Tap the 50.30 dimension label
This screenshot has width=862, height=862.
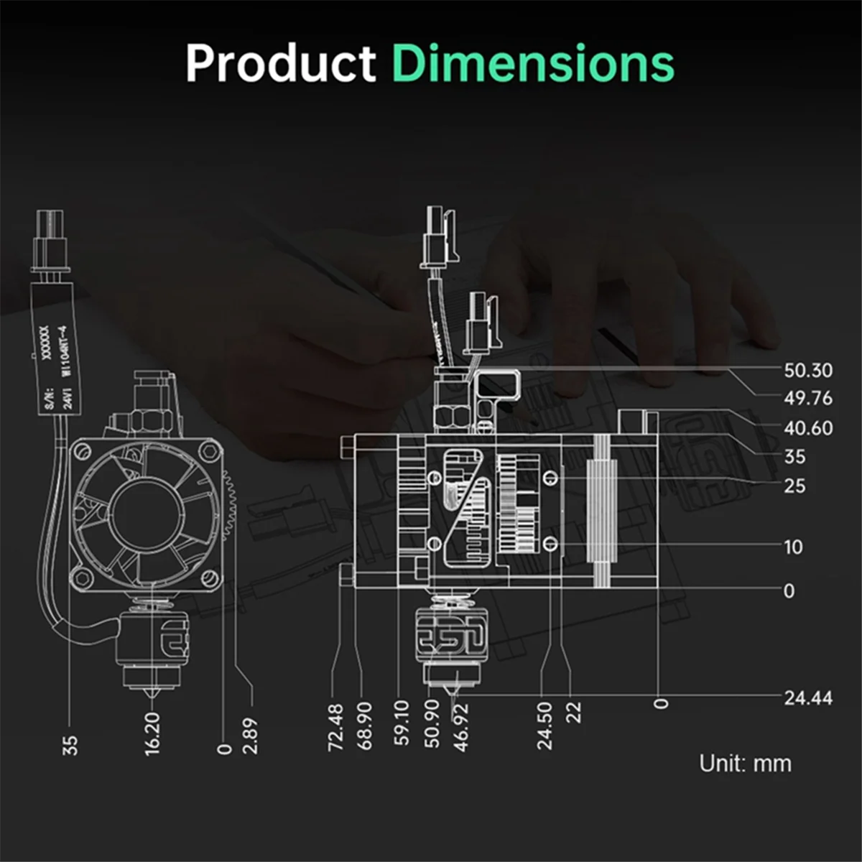[808, 370]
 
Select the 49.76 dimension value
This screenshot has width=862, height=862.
[808, 398]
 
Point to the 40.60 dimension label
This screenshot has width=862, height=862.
[808, 427]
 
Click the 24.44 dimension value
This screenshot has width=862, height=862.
[808, 698]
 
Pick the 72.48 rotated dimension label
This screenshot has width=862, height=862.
[335, 727]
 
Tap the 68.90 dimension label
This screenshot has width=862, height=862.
[365, 727]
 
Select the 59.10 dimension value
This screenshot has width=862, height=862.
[402, 723]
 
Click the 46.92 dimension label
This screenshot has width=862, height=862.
[461, 727]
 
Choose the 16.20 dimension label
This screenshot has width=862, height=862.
[152, 733]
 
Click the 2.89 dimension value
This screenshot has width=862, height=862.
[250, 736]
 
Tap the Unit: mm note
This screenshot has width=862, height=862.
[746, 763]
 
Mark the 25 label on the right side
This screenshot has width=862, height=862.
[794, 486]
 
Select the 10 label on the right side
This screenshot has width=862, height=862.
[793, 547]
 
